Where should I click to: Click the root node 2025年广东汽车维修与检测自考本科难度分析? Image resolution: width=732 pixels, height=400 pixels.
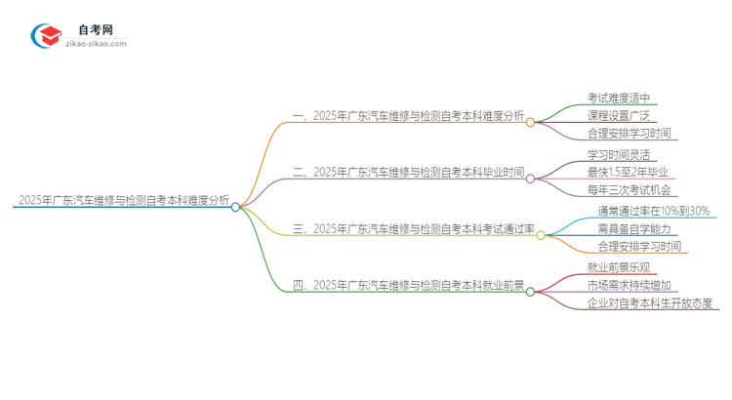tap(123, 201)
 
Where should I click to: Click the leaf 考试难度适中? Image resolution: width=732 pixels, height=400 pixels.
tap(619, 98)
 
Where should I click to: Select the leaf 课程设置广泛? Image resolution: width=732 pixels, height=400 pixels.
tap(619, 115)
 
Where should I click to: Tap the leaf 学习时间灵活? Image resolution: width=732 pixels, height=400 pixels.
tap(619, 154)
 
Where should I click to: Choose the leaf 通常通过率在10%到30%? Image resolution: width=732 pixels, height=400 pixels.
tap(654, 210)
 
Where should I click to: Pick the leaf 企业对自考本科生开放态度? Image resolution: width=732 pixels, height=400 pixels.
tap(653, 303)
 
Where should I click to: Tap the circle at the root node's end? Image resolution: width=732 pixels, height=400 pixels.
tap(235, 207)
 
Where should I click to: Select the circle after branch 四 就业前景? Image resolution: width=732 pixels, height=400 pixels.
tap(530, 291)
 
